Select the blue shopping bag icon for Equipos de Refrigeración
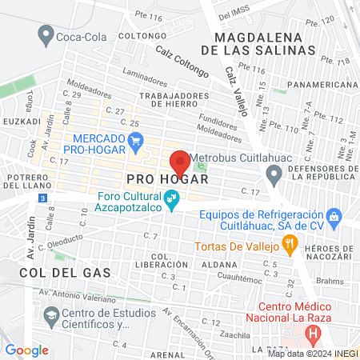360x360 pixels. [x=334, y=215]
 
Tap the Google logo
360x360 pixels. [x=26, y=350]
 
